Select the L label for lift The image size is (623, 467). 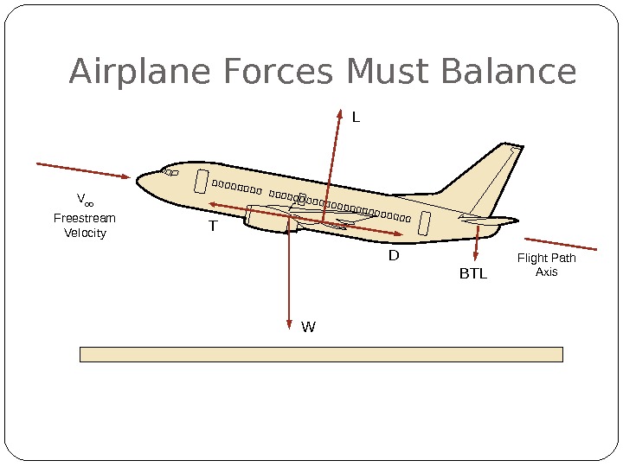(x=355, y=117)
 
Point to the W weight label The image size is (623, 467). (x=308, y=328)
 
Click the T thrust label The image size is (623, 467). (x=212, y=227)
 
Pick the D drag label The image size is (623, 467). (x=394, y=256)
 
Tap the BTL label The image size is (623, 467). (x=473, y=274)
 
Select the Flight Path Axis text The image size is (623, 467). (x=546, y=265)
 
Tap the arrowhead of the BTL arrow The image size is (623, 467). (x=476, y=257)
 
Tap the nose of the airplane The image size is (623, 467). (x=141, y=184)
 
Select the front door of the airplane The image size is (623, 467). (x=202, y=182)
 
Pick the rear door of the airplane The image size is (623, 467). (x=424, y=223)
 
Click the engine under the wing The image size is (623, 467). (x=268, y=218)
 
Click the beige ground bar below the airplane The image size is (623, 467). (x=321, y=354)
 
